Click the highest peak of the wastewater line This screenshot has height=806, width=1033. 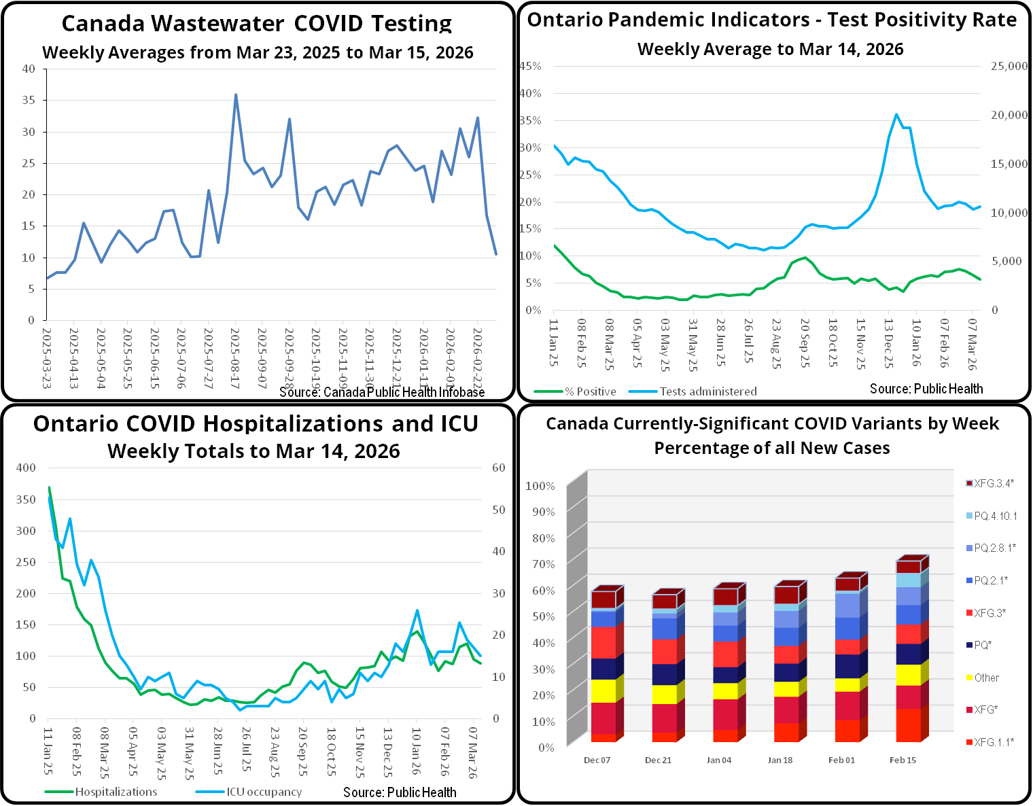pyautogui.click(x=236, y=95)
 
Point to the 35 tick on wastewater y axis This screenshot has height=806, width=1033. pyautogui.click(x=29, y=100)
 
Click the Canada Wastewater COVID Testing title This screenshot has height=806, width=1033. pyautogui.click(x=256, y=23)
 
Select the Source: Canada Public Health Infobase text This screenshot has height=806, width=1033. pyautogui.click(x=382, y=392)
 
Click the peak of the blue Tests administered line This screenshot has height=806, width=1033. pyautogui.click(x=896, y=114)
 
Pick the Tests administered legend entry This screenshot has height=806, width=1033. pyautogui.click(x=707, y=391)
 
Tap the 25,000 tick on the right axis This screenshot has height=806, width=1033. pyautogui.click(x=1009, y=66)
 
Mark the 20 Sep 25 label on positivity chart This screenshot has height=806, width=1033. pyautogui.click(x=805, y=343)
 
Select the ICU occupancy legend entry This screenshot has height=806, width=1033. pyautogui.click(x=264, y=792)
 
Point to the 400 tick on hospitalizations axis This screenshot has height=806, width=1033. pyautogui.click(x=26, y=468)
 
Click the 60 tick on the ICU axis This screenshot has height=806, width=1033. pyautogui.click(x=498, y=468)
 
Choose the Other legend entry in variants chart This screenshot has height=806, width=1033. pyautogui.click(x=986, y=678)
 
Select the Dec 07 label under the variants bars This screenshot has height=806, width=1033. pyautogui.click(x=597, y=760)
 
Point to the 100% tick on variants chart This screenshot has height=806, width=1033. pyautogui.click(x=540, y=486)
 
